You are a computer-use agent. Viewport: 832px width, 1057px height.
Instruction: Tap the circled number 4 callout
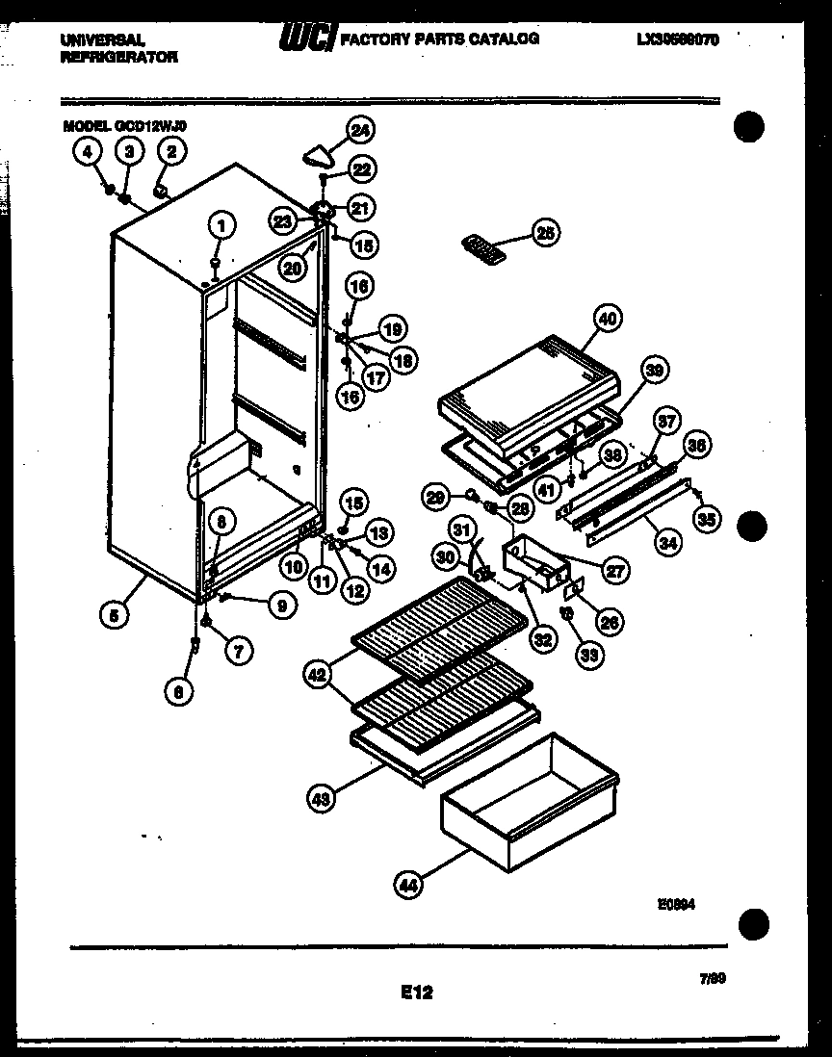[86, 150]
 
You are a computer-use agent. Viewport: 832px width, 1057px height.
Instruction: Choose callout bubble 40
[608, 319]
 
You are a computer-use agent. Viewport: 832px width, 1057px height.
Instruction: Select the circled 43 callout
[322, 796]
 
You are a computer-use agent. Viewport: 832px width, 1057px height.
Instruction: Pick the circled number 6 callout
[177, 690]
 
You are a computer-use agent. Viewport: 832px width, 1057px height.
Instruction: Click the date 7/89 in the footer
[712, 979]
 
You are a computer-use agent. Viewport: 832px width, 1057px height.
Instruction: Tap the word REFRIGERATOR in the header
[118, 57]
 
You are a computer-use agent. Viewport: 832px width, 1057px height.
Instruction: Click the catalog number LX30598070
[677, 39]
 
